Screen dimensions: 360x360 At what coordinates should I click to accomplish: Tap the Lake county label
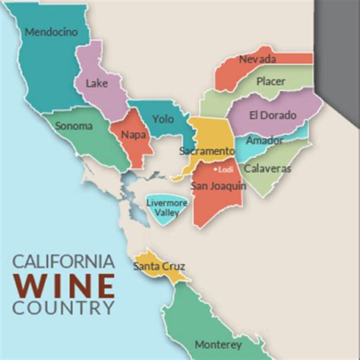tap(96, 84)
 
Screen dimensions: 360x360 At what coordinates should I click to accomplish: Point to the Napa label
tap(134, 135)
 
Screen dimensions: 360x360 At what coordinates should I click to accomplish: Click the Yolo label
tap(163, 119)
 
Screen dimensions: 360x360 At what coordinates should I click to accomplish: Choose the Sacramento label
tap(207, 151)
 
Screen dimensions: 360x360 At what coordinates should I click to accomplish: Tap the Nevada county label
tap(257, 59)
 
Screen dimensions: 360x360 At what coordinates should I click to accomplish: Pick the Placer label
tap(271, 81)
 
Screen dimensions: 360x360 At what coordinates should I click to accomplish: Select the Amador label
tap(265, 141)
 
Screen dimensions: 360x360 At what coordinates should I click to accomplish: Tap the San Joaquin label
tap(219, 185)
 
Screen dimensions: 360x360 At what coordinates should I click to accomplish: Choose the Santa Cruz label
tap(159, 267)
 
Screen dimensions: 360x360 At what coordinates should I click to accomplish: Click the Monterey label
tap(218, 344)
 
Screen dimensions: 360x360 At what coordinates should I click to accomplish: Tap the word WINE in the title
tap(64, 286)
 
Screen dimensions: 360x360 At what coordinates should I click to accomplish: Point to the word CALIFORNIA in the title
tap(64, 262)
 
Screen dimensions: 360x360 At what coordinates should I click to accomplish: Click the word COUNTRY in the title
tap(64, 308)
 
